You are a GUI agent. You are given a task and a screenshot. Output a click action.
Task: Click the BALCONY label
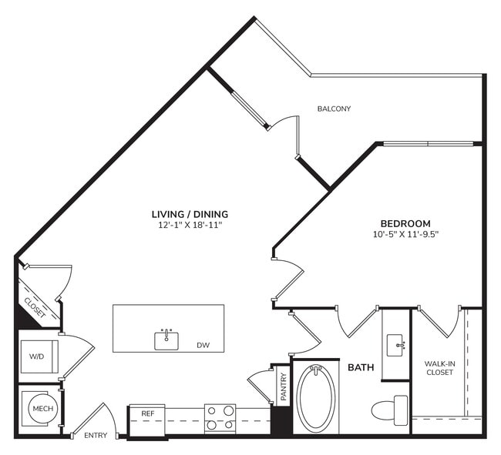tap(334, 109)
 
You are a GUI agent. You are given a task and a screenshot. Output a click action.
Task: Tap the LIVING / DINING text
tap(190, 214)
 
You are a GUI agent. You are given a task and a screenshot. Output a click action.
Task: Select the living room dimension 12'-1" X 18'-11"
tap(190, 226)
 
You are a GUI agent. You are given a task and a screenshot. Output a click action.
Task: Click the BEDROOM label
tap(405, 223)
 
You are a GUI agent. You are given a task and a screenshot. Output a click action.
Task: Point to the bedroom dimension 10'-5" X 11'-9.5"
tap(405, 234)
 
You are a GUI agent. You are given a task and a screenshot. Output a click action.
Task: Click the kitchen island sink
tap(166, 339)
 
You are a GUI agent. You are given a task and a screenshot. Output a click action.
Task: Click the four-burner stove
tap(220, 419)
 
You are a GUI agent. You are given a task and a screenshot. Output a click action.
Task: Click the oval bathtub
tap(316, 399)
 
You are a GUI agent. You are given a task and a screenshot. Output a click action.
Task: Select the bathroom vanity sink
tap(396, 343)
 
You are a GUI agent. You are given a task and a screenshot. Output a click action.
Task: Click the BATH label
tap(360, 368)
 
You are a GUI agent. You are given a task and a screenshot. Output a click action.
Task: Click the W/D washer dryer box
tap(37, 356)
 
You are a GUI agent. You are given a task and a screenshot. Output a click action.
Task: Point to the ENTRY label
tap(96, 436)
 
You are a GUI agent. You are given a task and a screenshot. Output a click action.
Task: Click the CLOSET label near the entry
tap(35, 307)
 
